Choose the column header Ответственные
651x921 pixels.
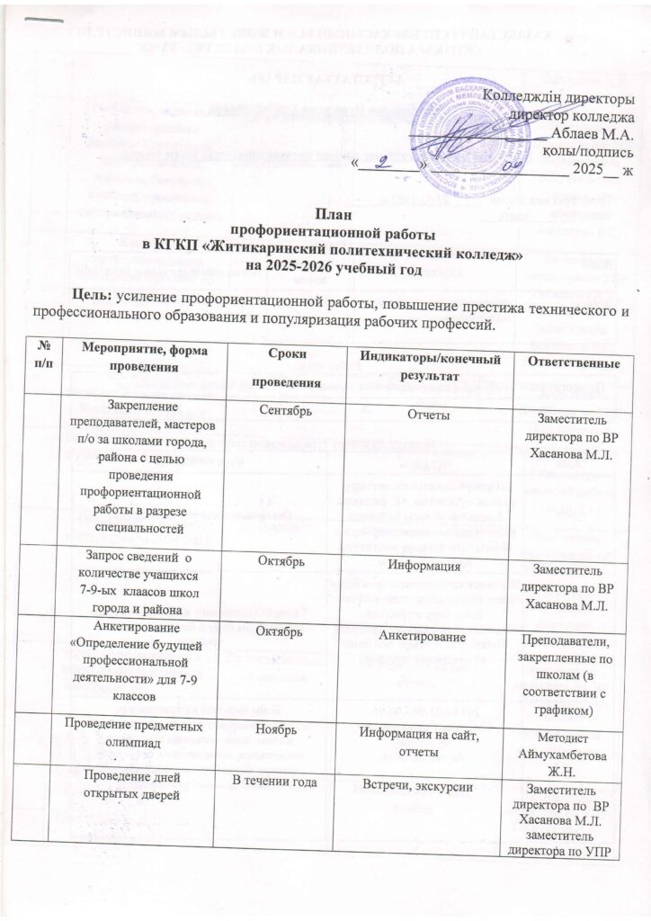575,363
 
